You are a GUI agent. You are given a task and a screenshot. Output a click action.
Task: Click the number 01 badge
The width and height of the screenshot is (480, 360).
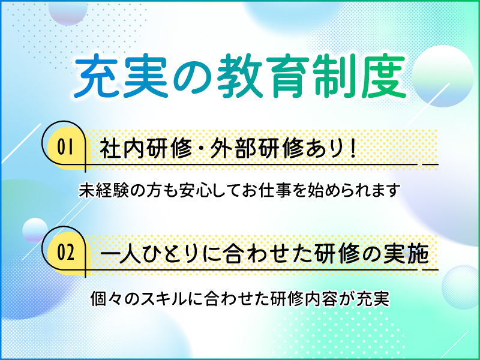tap(65, 147)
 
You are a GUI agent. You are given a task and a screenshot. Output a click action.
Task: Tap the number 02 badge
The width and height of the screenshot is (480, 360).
tap(65, 253)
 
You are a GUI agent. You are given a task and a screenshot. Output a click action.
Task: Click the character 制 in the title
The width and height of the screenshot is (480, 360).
tap(335, 77)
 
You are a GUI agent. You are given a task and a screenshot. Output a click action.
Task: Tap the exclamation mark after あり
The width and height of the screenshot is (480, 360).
tap(353, 149)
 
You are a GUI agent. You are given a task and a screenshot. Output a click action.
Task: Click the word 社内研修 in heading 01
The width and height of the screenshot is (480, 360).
tap(146, 149)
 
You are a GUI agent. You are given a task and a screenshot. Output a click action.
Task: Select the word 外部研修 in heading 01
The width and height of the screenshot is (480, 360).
tap(257, 149)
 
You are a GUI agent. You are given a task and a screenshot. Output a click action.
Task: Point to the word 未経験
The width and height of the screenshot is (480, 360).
tap(104, 190)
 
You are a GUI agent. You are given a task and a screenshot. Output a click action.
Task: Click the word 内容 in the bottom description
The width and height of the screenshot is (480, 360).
tap(321, 298)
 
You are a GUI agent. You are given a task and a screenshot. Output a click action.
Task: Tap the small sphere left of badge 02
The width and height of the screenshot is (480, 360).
tap(35, 230)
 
